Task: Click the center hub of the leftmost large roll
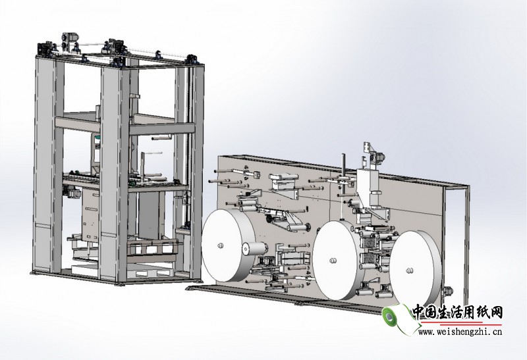220,245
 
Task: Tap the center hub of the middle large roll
333,260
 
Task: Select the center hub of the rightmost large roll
410,270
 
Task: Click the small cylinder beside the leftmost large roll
254,249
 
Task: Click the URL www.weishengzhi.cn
460,332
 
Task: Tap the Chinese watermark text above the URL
457,313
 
